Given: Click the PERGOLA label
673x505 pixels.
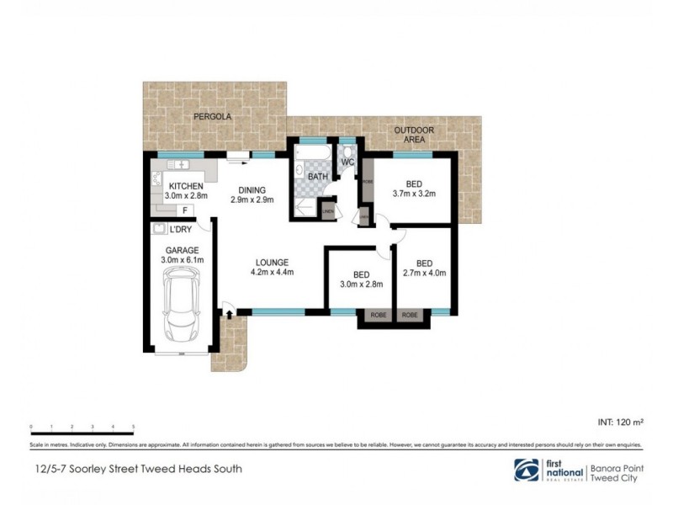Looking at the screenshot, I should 212,116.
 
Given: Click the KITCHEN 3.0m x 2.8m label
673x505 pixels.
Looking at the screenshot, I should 183,191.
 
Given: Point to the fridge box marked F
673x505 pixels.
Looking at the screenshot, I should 184,210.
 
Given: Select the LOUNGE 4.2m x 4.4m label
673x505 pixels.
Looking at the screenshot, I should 270,266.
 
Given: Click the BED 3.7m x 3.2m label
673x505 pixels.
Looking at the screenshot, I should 413,189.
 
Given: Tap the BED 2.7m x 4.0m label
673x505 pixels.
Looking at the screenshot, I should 424,267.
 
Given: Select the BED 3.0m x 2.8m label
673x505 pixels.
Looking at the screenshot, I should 362,279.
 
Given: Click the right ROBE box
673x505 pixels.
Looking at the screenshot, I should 411,316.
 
